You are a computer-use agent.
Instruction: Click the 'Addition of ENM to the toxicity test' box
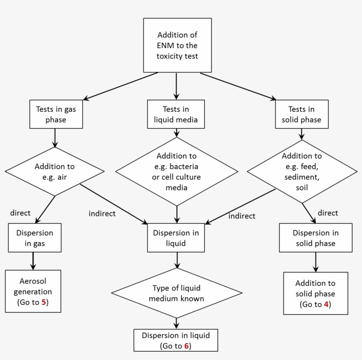pos(177,45)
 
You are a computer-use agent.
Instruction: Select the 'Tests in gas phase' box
pos(56,114)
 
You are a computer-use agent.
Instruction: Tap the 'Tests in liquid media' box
pos(176,114)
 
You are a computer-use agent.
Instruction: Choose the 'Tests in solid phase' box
pos(302,114)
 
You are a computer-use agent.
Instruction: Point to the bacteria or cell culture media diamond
pos(177,172)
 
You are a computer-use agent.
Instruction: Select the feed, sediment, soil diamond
pos(302,172)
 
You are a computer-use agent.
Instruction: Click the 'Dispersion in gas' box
pos(34,238)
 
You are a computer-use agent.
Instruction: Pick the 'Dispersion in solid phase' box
pos(316,238)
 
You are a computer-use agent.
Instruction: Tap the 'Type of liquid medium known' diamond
pos(177,293)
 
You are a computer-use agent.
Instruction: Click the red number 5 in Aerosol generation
pos(44,303)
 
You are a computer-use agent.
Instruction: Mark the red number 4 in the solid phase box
pos(326,304)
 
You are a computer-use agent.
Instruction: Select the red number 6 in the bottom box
pos(187,346)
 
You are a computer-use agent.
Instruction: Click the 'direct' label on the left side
pos(20,213)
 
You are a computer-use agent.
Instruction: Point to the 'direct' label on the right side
pos(328,213)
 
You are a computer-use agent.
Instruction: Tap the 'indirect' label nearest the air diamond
pos(102,214)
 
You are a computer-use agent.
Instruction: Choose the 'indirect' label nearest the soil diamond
pos(241,216)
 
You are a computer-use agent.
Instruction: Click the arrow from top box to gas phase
pos(120,86)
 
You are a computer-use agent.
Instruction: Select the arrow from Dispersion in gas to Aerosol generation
pos(33,261)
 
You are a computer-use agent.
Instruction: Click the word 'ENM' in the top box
pos(166,45)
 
